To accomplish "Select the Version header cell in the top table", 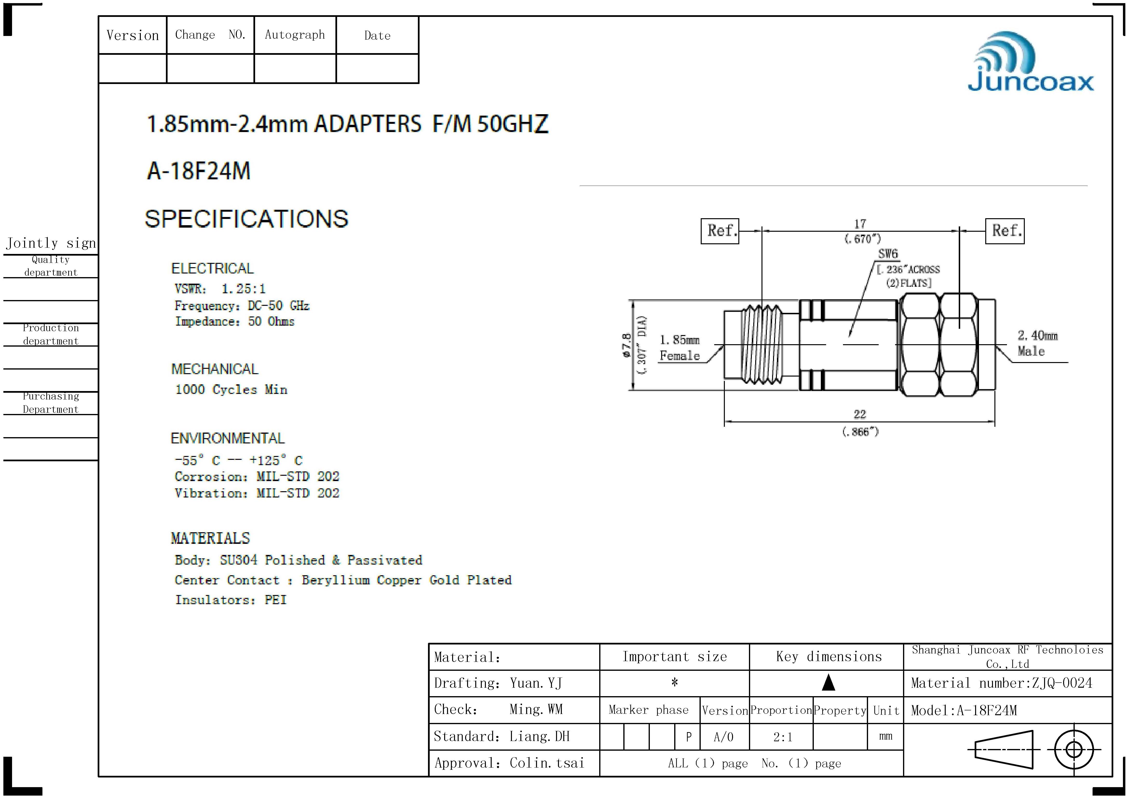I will tap(133, 35).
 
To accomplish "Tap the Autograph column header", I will tap(295, 35).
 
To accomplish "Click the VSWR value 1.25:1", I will tap(243, 289).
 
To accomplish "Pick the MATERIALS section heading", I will tap(210, 538).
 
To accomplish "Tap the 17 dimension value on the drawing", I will tap(860, 224).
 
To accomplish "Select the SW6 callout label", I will tap(888, 254).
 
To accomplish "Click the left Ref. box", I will tap(720, 231).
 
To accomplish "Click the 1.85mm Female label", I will tap(680, 348).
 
